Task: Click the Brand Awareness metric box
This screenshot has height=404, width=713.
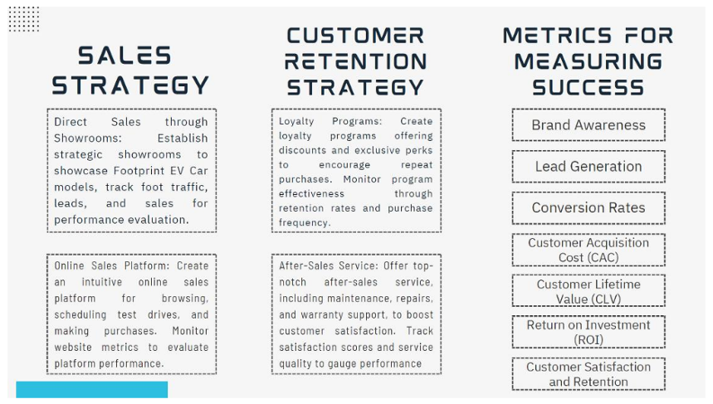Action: pyautogui.click(x=588, y=124)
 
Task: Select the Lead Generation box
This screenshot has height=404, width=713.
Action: pyautogui.click(x=588, y=166)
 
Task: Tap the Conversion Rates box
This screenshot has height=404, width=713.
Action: pyautogui.click(x=588, y=207)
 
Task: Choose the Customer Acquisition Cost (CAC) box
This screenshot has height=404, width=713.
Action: pyautogui.click(x=588, y=250)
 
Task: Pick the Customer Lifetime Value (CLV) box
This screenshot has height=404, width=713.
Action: pyautogui.click(x=588, y=291)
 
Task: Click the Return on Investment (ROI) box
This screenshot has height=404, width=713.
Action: pyautogui.click(x=588, y=332)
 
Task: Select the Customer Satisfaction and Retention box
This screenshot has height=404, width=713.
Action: pyautogui.click(x=588, y=373)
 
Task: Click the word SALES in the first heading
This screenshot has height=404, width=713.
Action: pyautogui.click(x=125, y=56)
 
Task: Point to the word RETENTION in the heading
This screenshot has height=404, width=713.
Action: pyautogui.click(x=355, y=62)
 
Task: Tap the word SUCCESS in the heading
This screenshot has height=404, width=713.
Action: pyautogui.click(x=588, y=87)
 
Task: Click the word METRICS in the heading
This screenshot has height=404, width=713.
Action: pyautogui.click(x=557, y=36)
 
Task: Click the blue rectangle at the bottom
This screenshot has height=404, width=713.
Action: pyautogui.click(x=92, y=389)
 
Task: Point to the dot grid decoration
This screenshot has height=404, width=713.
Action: pyautogui.click(x=24, y=19)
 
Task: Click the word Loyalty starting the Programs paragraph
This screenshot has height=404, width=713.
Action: pyautogui.click(x=296, y=122)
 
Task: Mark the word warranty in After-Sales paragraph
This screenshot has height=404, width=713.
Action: pyautogui.click(x=324, y=315)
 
